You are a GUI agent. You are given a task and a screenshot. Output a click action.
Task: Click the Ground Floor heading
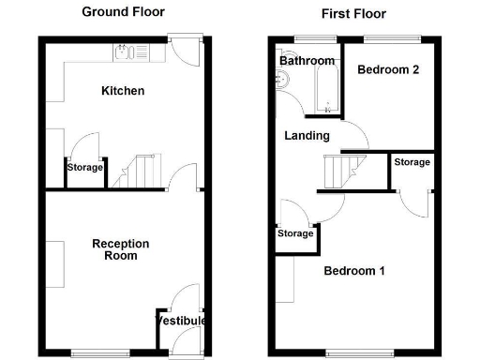pos(123,12)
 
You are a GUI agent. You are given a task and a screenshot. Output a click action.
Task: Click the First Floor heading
pos(352,14)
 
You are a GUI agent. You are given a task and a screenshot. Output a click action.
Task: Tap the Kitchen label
pos(123,91)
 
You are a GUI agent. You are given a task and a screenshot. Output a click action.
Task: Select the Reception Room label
pos(114,249)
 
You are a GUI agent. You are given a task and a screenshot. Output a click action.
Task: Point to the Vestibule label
pos(180,321)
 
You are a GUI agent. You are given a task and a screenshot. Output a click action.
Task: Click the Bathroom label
pos(307,61)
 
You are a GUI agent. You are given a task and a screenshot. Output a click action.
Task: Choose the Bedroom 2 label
pos(386,69)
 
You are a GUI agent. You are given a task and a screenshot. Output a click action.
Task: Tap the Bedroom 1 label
pos(354,272)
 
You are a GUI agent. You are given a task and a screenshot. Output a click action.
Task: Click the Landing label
pos(307,136)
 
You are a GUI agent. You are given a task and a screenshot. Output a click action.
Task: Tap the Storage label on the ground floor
pos(84,168)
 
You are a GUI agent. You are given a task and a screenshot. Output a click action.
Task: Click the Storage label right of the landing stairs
pos(412,162)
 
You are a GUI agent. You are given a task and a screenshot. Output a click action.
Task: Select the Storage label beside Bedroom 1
pos(295,233)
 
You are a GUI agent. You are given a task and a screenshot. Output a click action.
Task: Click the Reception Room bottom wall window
pos(92,353)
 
